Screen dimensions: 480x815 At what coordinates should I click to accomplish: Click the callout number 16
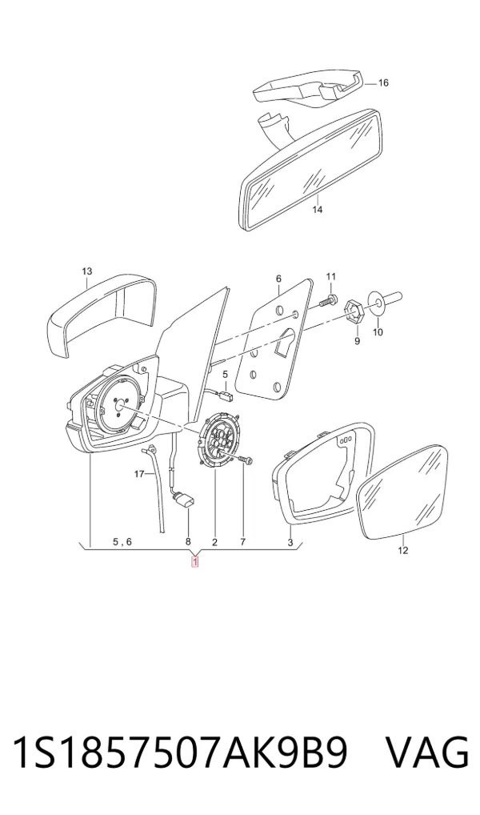click(x=383, y=83)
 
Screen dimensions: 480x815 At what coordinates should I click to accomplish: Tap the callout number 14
click(x=318, y=210)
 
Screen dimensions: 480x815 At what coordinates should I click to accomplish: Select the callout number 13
click(x=86, y=271)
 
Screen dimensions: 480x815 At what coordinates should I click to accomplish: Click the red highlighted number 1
click(x=195, y=561)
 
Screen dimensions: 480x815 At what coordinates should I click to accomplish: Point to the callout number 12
click(x=403, y=551)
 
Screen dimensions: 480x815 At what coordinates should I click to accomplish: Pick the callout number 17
click(x=138, y=473)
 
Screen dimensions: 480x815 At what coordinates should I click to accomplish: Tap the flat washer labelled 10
click(x=378, y=302)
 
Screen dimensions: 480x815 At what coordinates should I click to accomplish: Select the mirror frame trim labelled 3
click(x=322, y=473)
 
